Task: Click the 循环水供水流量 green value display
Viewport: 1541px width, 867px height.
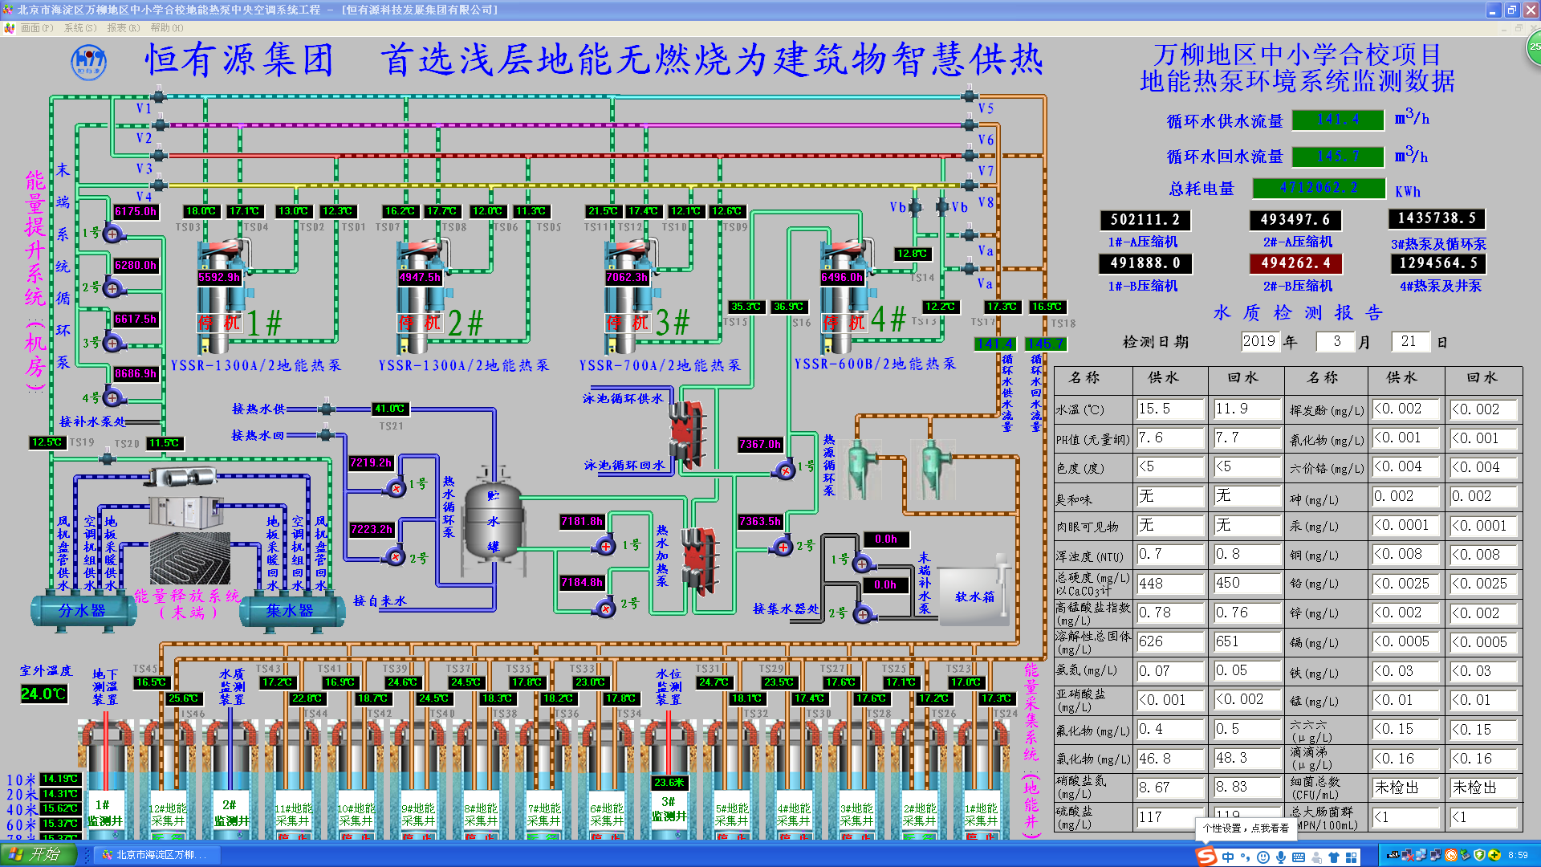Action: coord(1338,120)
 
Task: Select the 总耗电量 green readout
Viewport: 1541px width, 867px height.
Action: coord(1319,188)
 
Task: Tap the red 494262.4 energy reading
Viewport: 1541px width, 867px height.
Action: coord(1295,263)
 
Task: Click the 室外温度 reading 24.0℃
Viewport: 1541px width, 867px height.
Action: coord(43,694)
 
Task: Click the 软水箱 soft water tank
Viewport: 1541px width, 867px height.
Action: coord(974,596)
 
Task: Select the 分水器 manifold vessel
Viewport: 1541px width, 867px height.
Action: coord(82,611)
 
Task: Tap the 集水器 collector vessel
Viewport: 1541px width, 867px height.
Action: coord(290,611)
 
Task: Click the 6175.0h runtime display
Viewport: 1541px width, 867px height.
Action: coord(136,212)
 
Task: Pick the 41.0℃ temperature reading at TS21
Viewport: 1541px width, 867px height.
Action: coord(390,409)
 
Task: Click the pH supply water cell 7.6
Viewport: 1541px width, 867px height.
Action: coord(1169,438)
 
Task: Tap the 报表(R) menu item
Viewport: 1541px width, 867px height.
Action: coord(123,28)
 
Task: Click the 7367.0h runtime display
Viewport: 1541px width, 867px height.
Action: coord(759,444)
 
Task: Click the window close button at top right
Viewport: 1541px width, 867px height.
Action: coord(1530,10)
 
